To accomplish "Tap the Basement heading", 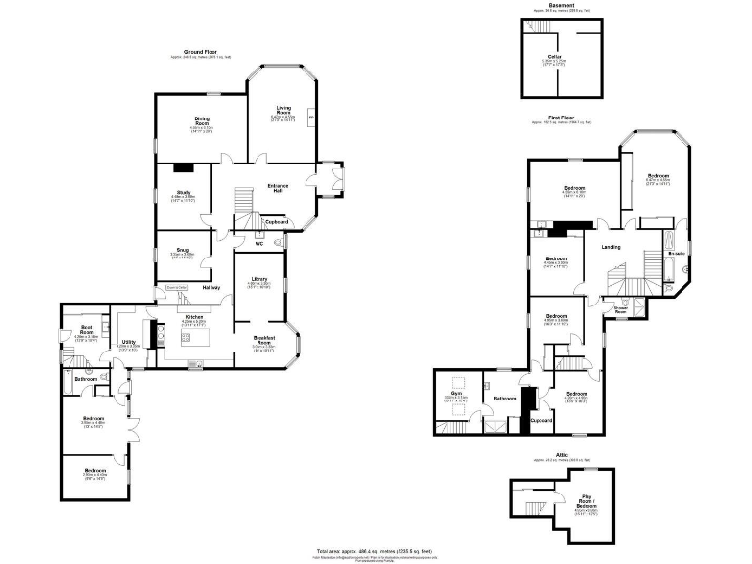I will click(561, 5).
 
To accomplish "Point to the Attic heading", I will click(562, 455).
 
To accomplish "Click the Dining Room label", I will click(202, 121).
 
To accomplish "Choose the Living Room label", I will click(283, 110).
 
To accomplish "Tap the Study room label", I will click(183, 192).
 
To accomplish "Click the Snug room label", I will click(182, 249).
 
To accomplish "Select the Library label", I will click(258, 279).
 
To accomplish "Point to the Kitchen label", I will click(194, 317).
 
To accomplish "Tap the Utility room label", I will click(129, 342).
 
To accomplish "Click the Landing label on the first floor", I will click(611, 246).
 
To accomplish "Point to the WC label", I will click(259, 243).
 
